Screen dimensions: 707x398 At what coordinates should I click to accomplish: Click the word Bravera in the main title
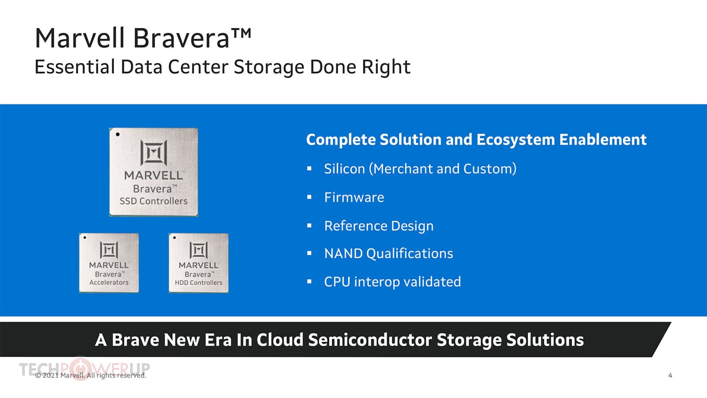(182, 38)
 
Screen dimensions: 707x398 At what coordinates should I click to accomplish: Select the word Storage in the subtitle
(269, 67)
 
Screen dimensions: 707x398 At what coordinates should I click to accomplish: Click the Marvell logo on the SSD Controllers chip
(154, 153)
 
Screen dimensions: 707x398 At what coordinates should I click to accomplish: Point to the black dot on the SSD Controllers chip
(118, 134)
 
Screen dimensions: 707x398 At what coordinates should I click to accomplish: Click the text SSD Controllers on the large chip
(153, 201)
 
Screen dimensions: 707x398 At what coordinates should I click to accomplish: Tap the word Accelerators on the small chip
(109, 283)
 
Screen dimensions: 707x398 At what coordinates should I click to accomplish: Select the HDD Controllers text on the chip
(198, 283)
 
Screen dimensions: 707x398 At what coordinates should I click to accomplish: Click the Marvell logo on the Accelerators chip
(109, 250)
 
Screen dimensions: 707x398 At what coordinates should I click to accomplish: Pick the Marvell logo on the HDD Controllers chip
(198, 250)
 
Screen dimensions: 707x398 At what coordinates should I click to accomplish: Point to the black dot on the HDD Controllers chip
(175, 237)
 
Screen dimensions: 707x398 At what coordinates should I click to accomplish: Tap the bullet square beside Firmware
(309, 197)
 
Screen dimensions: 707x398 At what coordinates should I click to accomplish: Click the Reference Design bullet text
(379, 226)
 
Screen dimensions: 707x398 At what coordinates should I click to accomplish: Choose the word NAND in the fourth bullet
(343, 254)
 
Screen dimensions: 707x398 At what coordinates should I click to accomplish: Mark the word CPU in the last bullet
(337, 282)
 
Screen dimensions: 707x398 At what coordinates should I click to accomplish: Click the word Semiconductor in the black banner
(370, 340)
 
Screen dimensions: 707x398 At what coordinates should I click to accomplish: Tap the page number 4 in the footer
(670, 375)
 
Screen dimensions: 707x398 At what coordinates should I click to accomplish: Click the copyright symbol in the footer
(38, 375)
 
